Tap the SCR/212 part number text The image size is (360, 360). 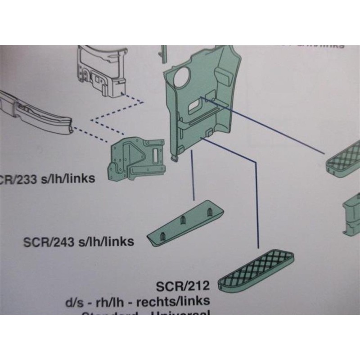(x=183, y=286)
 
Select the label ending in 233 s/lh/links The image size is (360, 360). (x=47, y=179)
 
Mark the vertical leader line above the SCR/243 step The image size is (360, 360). (x=193, y=175)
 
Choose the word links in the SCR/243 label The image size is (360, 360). (x=120, y=242)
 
